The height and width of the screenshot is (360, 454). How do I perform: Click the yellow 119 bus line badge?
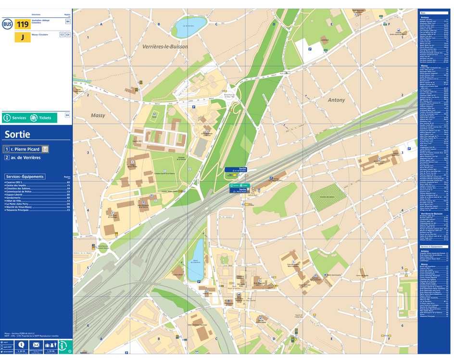[23, 24]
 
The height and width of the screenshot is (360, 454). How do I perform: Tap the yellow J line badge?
[23, 37]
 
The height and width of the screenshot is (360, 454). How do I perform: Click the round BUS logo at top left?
[7, 24]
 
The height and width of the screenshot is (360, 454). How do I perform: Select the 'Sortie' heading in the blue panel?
[17, 135]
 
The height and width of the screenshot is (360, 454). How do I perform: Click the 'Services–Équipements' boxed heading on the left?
[25, 177]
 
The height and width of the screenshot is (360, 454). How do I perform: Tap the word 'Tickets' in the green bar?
[45, 118]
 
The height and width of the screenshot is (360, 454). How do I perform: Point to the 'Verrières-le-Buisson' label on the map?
[165, 47]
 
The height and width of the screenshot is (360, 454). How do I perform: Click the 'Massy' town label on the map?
[98, 116]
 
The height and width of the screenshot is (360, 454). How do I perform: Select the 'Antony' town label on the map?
[336, 100]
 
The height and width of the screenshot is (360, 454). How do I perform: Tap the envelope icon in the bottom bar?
[36, 345]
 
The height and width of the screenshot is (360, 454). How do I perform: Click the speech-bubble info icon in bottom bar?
[21, 345]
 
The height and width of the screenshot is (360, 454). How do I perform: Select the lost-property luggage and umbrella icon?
[51, 345]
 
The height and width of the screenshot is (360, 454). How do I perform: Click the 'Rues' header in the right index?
[423, 13]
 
